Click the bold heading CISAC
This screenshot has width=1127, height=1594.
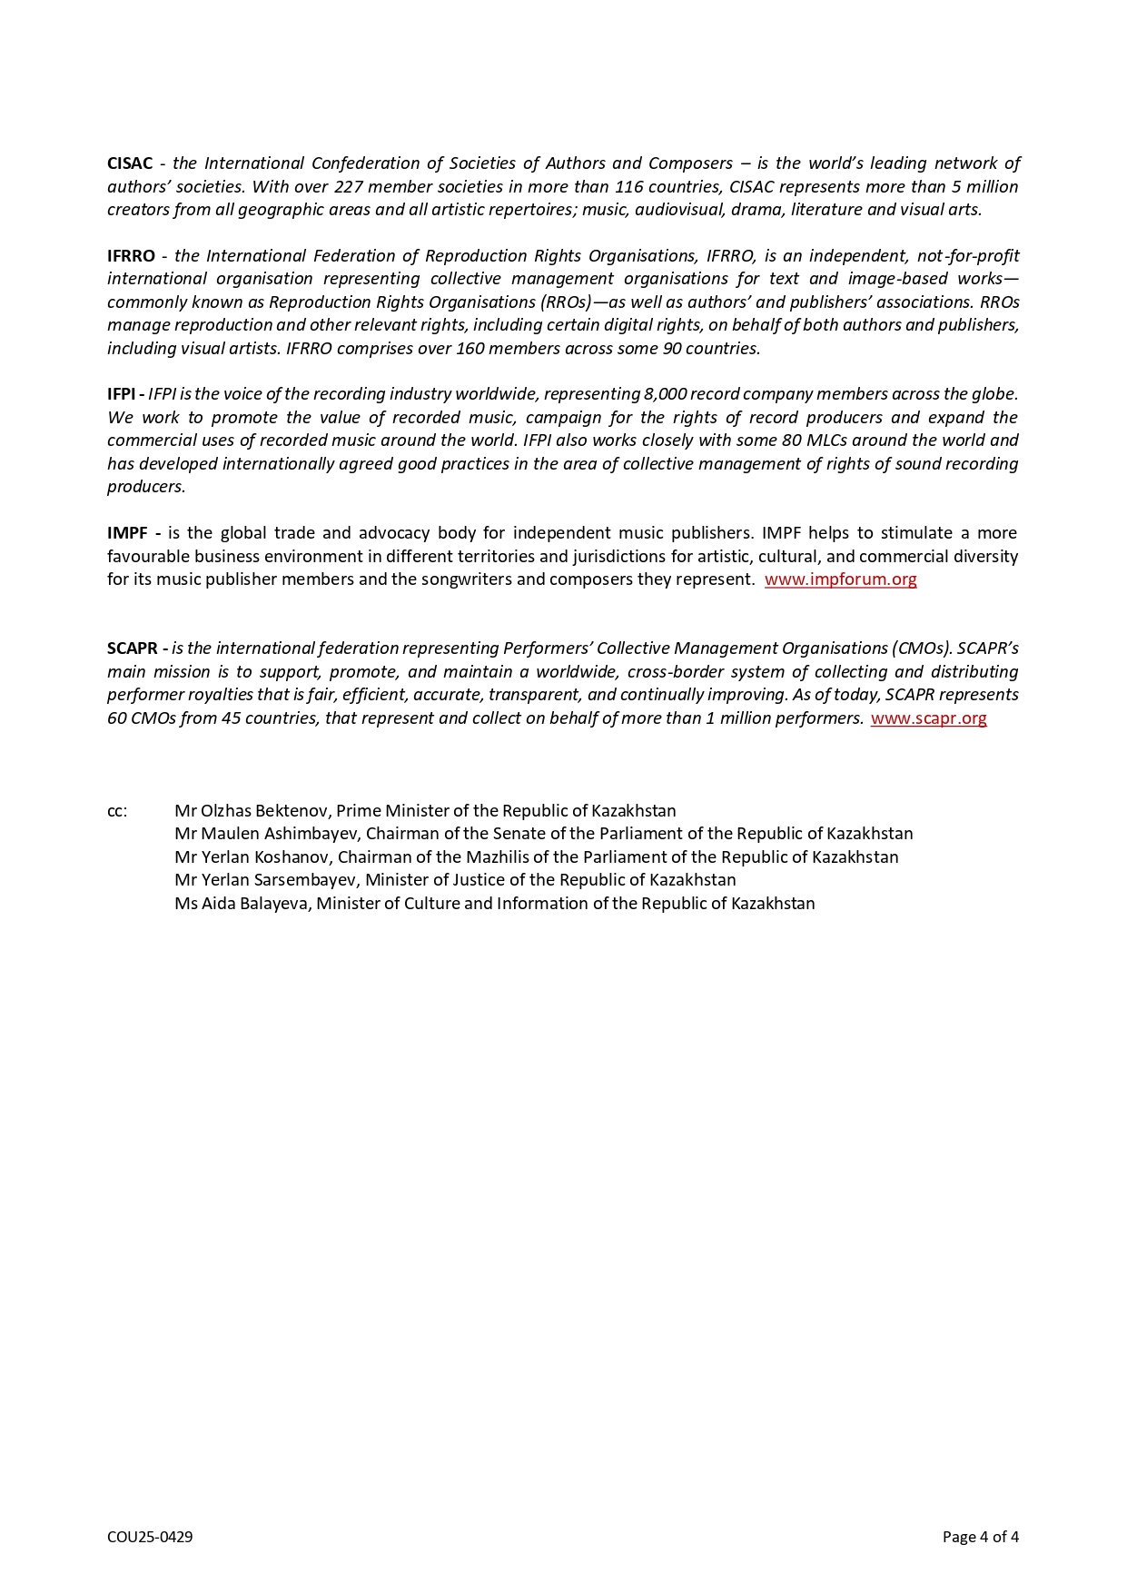click(130, 163)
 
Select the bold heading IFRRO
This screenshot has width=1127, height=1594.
click(131, 256)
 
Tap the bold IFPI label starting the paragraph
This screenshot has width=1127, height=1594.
click(122, 394)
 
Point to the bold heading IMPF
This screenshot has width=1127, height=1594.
click(129, 533)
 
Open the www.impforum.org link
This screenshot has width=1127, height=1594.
click(840, 579)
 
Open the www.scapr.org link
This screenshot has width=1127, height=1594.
click(928, 718)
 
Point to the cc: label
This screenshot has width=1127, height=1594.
click(117, 811)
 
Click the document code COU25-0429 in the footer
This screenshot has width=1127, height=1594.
click(150, 1537)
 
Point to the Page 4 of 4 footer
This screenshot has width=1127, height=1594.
click(980, 1537)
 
